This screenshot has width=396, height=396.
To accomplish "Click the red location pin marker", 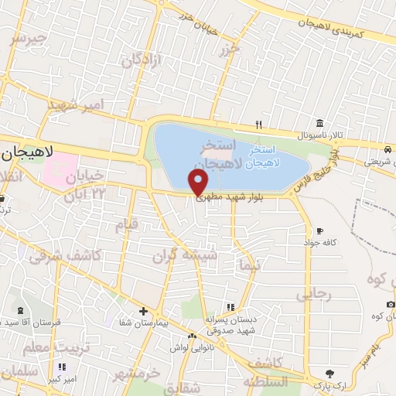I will coord(199,183).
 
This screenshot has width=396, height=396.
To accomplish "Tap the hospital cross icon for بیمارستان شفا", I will coord(142,311).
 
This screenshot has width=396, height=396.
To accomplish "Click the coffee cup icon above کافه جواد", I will coord(319,230).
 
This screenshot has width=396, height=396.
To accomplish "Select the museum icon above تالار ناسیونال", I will coord(319,123).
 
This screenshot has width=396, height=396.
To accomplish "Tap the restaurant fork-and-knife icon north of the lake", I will coord(260,125).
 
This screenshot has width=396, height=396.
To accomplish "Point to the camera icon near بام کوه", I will coord(391,304).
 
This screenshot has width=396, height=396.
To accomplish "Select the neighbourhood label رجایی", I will coord(313,294).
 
